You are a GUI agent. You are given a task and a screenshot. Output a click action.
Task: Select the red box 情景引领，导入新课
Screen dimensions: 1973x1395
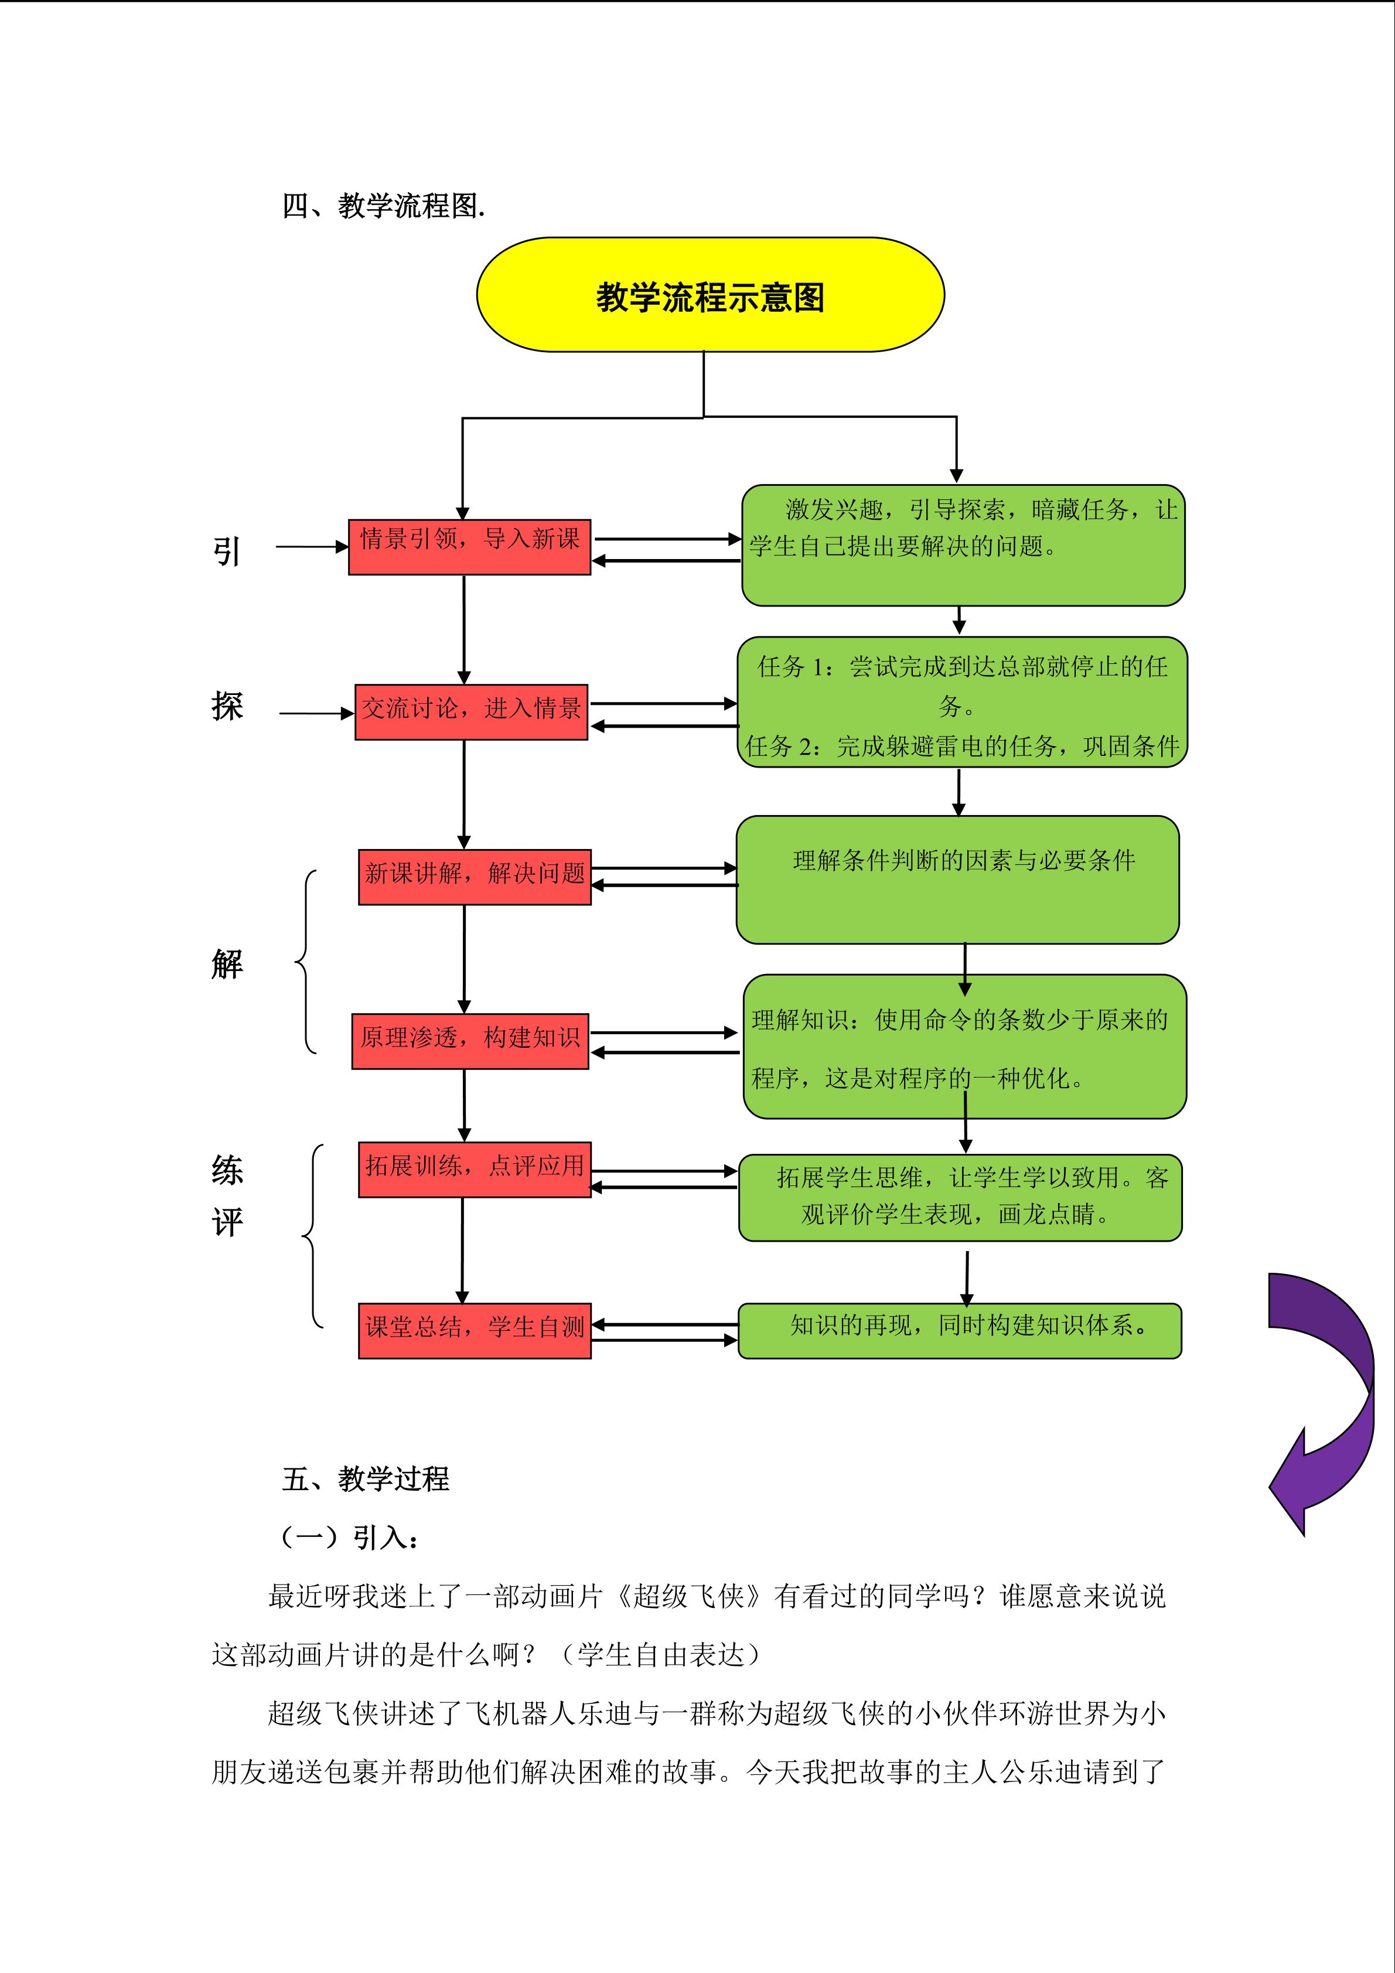click(x=469, y=547)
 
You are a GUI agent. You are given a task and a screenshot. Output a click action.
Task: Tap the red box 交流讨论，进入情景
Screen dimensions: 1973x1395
click(x=470, y=711)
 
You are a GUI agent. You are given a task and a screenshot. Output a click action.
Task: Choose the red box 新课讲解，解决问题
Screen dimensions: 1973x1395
click(x=474, y=877)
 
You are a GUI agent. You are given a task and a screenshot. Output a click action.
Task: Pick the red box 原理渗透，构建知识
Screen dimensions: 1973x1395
click(x=470, y=1041)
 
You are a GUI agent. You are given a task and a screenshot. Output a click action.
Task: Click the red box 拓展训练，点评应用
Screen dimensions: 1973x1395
click(x=474, y=1168)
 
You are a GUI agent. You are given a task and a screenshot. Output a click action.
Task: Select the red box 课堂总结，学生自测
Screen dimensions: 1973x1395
click(x=474, y=1330)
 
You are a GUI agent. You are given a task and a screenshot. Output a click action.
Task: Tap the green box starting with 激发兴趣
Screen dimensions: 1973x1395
click(x=963, y=545)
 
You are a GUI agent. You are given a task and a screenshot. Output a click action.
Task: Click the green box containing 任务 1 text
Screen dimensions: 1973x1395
click(x=962, y=702)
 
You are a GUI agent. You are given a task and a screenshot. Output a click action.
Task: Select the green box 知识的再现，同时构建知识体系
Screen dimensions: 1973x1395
click(x=960, y=1330)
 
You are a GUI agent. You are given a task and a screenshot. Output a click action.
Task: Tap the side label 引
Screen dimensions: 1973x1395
click(x=226, y=551)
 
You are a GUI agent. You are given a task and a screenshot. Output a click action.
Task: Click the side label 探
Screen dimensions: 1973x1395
click(x=227, y=706)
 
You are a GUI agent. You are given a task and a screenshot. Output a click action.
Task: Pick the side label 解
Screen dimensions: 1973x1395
click(x=227, y=964)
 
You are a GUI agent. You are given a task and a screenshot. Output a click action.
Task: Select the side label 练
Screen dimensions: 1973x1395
click(x=227, y=1170)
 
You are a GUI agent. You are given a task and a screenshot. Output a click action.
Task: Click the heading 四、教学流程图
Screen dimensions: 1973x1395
click(x=383, y=206)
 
